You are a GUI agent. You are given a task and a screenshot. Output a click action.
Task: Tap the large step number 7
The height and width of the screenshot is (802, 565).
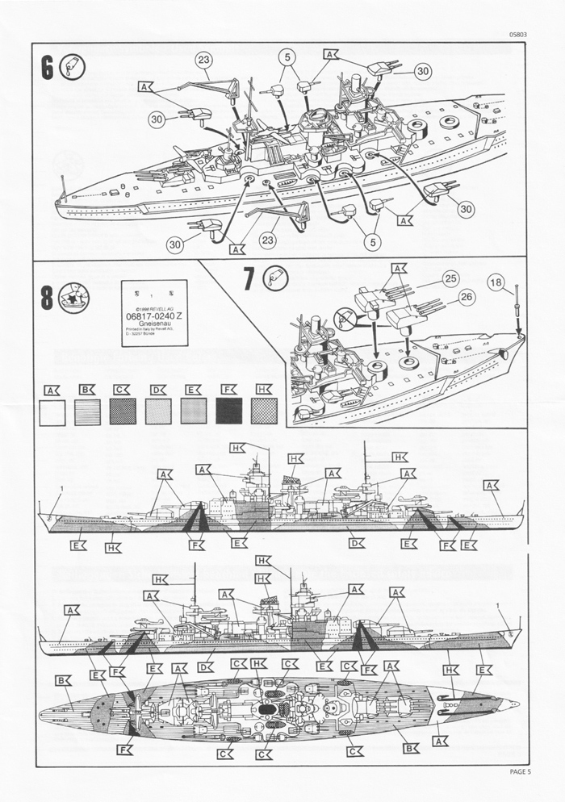pos(249,278)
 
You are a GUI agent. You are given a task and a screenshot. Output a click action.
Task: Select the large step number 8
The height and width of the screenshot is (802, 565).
pos(47,298)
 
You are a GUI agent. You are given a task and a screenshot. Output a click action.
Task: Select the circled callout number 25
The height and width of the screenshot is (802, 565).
pos(450,278)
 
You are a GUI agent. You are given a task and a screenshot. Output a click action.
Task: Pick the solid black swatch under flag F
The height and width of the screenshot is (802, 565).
pos(229,411)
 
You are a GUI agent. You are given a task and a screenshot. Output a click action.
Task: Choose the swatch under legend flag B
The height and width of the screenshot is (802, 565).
pos(87,411)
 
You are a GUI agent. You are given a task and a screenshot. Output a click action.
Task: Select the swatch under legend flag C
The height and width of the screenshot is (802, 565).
pos(123,411)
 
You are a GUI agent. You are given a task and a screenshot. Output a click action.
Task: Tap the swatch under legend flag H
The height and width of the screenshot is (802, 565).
pos(265,411)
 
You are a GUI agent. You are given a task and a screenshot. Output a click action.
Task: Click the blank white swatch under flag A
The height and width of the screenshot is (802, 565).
pos(52,411)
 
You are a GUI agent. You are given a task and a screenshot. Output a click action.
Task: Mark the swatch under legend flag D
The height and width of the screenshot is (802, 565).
pos(158,411)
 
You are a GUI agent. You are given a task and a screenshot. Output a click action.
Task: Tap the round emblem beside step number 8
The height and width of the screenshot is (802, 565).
pos(73,298)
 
